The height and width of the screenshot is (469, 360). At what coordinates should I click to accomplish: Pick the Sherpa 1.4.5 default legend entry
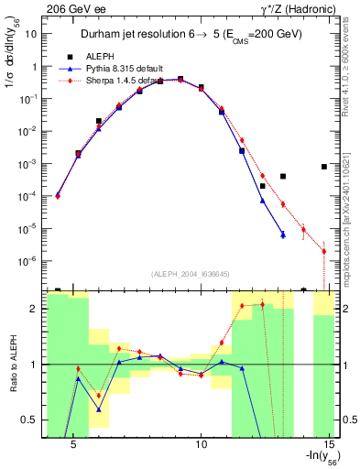tap(125, 80)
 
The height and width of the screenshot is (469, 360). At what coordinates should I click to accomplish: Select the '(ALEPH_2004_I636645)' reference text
tap(191, 273)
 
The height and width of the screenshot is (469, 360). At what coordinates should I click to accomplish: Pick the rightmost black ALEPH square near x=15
tap(324, 167)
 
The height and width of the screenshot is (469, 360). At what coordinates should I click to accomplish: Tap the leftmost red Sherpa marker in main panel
tap(58, 195)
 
